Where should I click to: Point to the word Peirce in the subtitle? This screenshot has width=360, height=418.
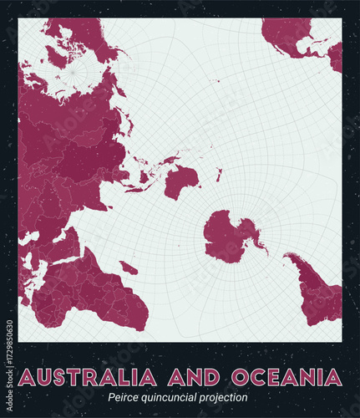pos(128,399)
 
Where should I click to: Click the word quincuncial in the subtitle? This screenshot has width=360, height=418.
pos(175,399)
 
